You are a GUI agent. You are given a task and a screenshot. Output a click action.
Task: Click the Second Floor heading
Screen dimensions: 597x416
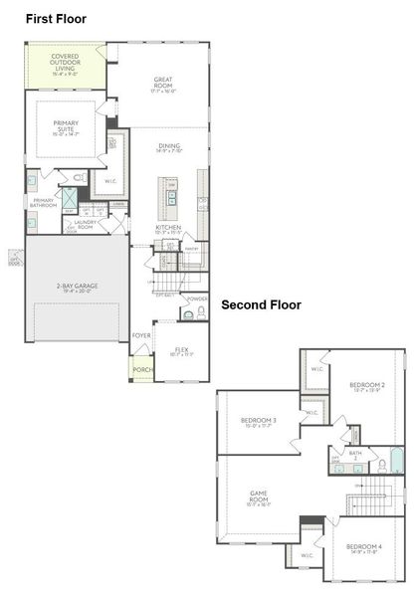point(261,304)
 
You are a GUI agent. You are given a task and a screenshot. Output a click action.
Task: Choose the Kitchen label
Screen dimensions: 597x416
point(168,229)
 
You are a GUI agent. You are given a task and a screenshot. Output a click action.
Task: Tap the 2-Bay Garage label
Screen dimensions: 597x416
point(77,288)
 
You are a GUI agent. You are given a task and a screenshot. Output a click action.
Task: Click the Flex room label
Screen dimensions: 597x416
point(181,351)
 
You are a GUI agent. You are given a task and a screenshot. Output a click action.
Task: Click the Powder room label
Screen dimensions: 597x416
point(197,298)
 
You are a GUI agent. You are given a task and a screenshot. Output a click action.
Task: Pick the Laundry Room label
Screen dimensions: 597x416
point(86,224)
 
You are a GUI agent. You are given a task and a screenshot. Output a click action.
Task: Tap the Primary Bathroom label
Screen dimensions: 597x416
point(45,203)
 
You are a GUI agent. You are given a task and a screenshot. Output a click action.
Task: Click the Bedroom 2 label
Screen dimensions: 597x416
point(366,386)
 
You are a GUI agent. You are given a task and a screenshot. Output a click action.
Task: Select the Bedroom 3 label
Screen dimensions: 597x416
point(258,422)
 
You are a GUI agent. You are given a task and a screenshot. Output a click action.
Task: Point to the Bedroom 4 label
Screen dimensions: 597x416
point(364,547)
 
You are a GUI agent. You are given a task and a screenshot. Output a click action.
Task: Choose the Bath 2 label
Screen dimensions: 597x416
point(355,454)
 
